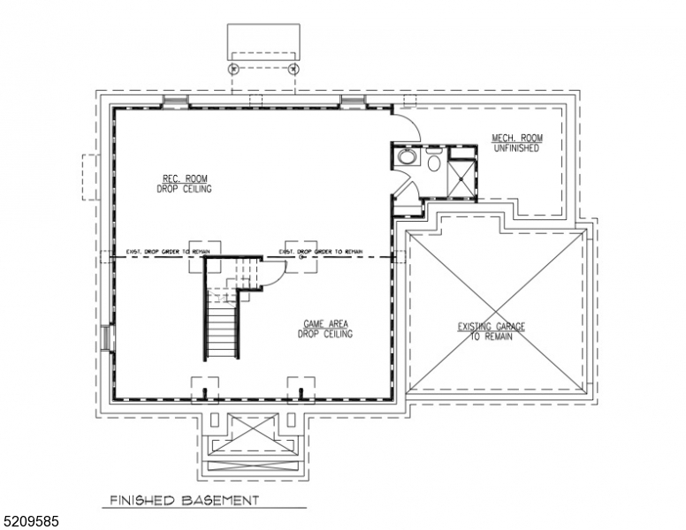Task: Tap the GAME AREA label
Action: pyautogui.click(x=325, y=329)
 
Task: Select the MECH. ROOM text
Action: pyautogui.click(x=516, y=142)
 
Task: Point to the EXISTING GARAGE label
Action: pyautogui.click(x=491, y=331)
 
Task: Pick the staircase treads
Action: pyautogui.click(x=222, y=326)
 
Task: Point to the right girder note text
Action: pyautogui.click(x=321, y=252)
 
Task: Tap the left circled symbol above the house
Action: pyautogui.click(x=233, y=68)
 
